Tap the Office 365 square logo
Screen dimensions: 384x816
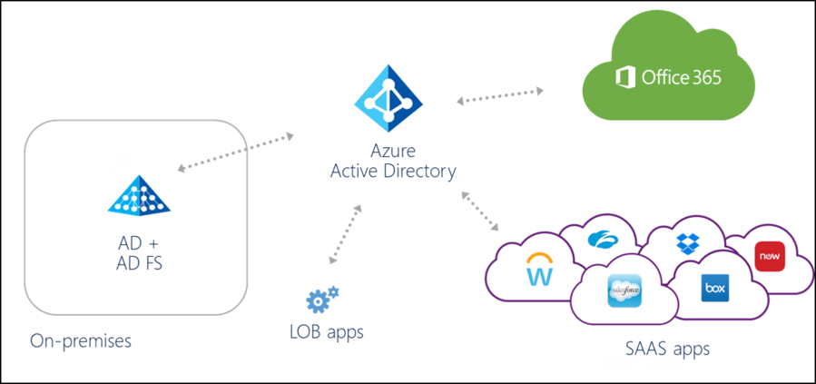pos(625,77)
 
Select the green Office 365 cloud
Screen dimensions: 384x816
pos(672,73)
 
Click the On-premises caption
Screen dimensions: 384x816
pos(80,341)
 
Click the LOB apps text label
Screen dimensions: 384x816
pos(323,331)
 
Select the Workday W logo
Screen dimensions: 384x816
pos(541,271)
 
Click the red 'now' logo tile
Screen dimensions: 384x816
pos(769,257)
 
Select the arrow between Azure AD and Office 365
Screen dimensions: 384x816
pos(500,95)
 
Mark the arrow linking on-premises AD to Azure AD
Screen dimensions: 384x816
pos(238,152)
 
